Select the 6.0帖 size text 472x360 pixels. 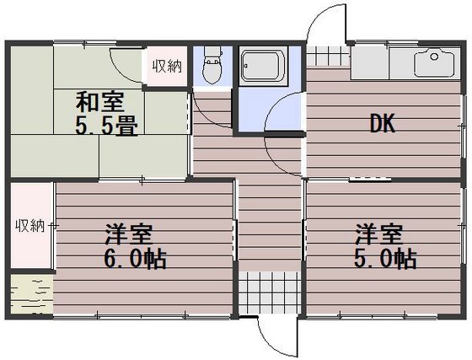[x=135, y=256]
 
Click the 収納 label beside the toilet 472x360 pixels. [x=165, y=67]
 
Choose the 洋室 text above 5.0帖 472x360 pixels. [x=378, y=231]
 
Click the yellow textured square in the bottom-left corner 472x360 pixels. [x=30, y=296]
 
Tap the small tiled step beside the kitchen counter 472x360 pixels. [x=326, y=57]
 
